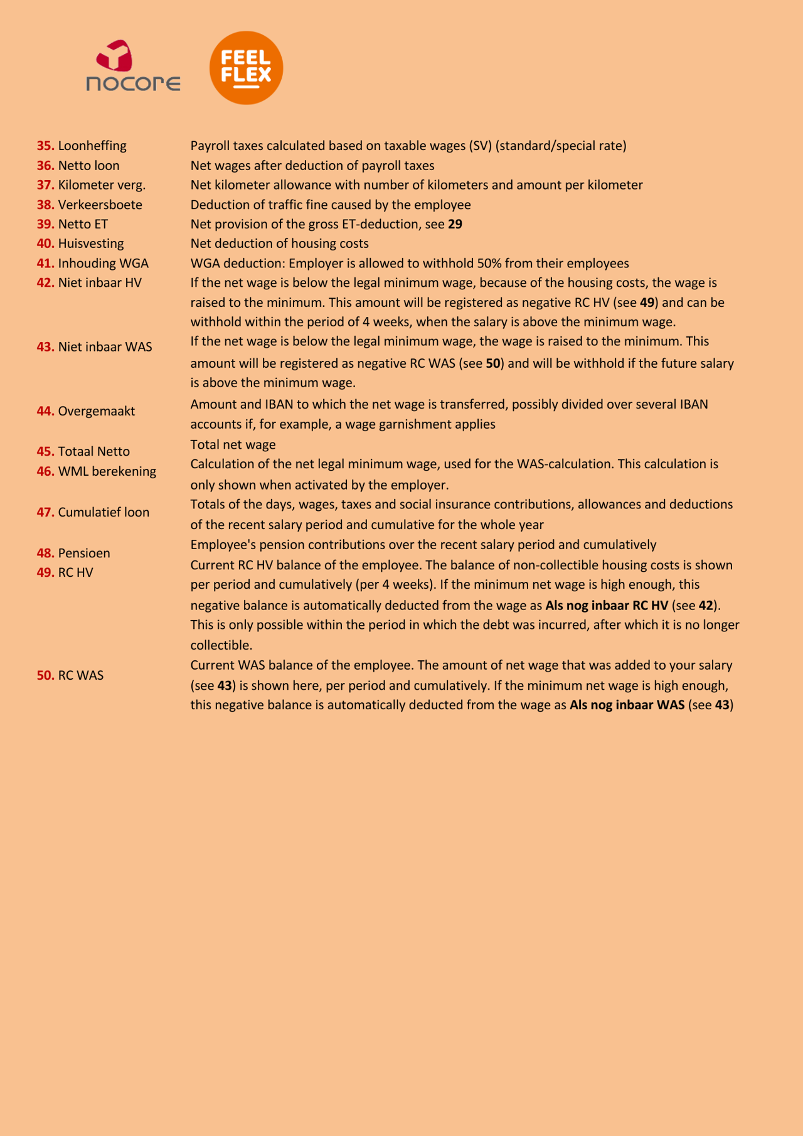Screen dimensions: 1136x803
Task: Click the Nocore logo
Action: pyautogui.click(x=133, y=67)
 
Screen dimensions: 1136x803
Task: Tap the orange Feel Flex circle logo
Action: pyautogui.click(x=246, y=68)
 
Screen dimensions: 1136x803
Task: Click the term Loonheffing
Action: pyautogui.click(x=92, y=146)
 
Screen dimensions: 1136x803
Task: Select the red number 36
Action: pyautogui.click(x=45, y=166)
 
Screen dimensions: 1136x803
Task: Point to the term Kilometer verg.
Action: pyautogui.click(x=102, y=185)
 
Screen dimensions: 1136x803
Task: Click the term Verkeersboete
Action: pyautogui.click(x=100, y=205)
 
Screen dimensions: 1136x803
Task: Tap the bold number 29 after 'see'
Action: pyautogui.click(x=455, y=224)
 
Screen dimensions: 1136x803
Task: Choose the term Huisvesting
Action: pyautogui.click(x=91, y=244)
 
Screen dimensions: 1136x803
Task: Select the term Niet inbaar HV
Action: pyautogui.click(x=100, y=283)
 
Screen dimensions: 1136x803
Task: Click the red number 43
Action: pyautogui.click(x=45, y=347)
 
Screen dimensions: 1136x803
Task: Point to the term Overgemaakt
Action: pyautogui.click(x=97, y=411)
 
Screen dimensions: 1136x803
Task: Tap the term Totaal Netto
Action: pyautogui.click(x=94, y=451)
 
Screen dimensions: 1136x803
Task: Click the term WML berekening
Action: pyautogui.click(x=107, y=471)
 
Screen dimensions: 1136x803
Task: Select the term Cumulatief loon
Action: pyautogui.click(x=104, y=512)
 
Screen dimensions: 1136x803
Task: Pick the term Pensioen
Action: pyautogui.click(x=84, y=553)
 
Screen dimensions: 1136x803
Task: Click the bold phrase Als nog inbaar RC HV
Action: pyautogui.click(x=607, y=606)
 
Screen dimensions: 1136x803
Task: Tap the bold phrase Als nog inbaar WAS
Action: pyautogui.click(x=627, y=705)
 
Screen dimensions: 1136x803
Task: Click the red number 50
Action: pyautogui.click(x=45, y=675)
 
